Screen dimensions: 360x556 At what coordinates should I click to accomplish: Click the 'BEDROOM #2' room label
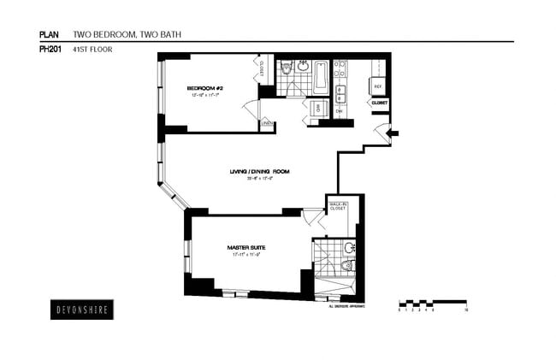click(204, 88)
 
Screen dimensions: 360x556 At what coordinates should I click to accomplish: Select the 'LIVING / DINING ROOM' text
click(259, 172)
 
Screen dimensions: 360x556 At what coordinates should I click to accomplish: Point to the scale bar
click(432, 304)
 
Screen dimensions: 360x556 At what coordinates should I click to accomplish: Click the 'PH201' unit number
click(50, 50)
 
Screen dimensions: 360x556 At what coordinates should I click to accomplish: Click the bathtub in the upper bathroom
click(321, 76)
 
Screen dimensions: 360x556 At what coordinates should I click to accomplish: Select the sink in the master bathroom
click(349, 248)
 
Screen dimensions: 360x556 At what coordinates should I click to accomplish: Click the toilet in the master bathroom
click(346, 267)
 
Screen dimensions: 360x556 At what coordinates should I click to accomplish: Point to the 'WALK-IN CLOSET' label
click(337, 207)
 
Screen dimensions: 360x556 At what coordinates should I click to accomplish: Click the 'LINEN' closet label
click(267, 125)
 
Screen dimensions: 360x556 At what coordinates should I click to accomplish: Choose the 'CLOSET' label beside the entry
click(379, 103)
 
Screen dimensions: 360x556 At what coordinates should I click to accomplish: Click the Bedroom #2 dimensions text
click(204, 96)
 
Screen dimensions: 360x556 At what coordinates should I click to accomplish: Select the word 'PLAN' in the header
click(50, 35)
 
